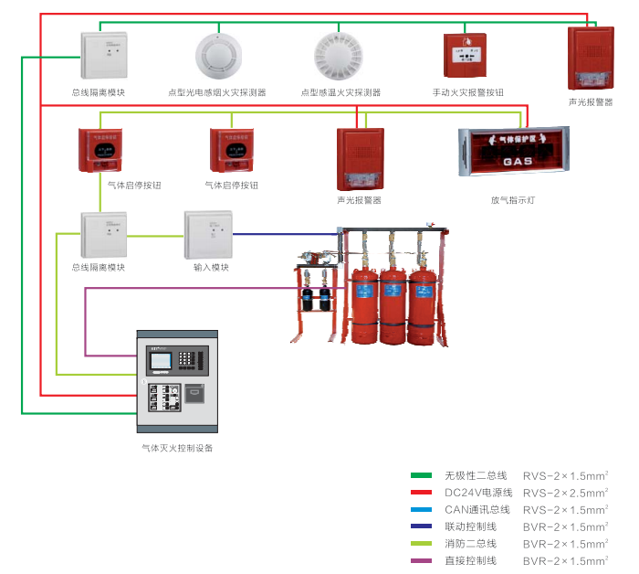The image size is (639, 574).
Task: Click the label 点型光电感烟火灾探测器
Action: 217,92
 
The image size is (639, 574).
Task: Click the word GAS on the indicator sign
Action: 517,162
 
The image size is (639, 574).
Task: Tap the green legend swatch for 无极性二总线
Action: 421,476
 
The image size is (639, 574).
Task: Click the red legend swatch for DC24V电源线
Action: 421,493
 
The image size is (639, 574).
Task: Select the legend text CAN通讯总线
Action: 476,509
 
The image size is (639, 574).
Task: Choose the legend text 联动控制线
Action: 470,526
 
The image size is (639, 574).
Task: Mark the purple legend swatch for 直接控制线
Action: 421,560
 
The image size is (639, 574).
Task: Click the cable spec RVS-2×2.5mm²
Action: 565,493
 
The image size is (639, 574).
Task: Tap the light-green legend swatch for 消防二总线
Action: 421,543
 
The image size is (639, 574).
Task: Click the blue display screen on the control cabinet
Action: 161,361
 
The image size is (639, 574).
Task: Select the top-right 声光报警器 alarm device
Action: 590,58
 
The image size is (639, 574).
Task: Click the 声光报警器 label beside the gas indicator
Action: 359,200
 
